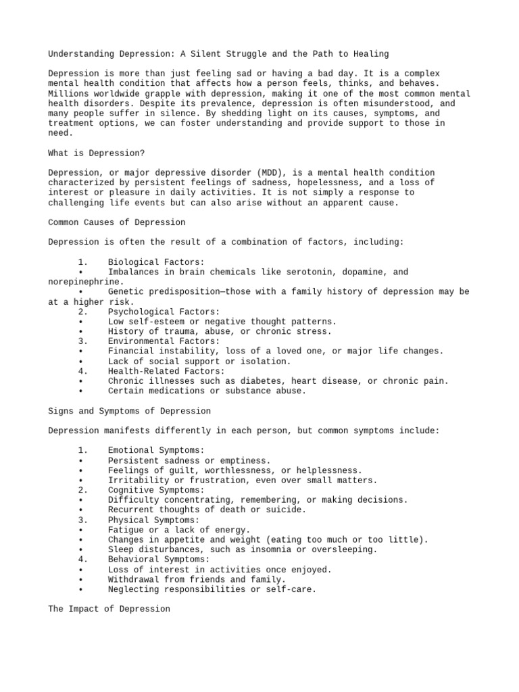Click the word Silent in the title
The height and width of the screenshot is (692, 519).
(x=227, y=53)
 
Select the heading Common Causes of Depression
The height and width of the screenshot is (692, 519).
(x=117, y=222)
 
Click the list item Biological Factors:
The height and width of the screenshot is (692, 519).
(x=155, y=262)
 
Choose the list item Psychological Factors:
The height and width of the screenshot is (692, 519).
(x=163, y=312)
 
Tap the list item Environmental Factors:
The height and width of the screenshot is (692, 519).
(x=163, y=341)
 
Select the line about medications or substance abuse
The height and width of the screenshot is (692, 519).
(x=207, y=391)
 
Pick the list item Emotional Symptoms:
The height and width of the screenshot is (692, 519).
(x=155, y=450)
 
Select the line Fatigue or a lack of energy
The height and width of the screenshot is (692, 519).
(x=179, y=530)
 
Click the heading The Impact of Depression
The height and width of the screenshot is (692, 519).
(x=109, y=609)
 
